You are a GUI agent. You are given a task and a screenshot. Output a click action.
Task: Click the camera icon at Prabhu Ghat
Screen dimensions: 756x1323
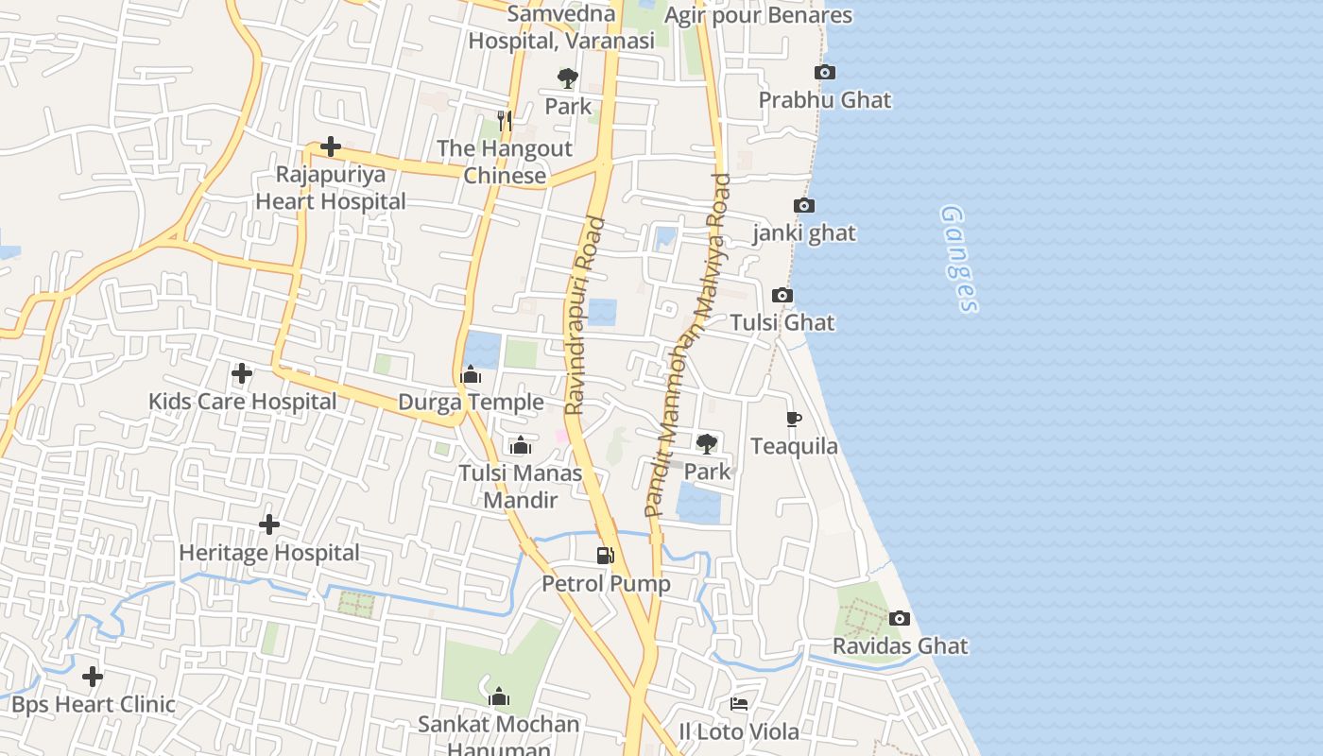click(824, 73)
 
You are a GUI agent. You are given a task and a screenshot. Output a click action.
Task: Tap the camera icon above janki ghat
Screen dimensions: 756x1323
click(803, 206)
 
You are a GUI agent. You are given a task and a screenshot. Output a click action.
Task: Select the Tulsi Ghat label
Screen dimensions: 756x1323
click(782, 322)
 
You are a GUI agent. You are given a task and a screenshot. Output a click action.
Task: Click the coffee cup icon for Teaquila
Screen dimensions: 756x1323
click(794, 419)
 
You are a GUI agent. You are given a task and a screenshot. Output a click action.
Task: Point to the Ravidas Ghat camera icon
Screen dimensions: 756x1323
click(900, 619)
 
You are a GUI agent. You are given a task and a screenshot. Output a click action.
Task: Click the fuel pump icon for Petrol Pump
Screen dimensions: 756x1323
click(606, 556)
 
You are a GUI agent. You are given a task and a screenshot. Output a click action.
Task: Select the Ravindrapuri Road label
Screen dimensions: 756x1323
click(585, 317)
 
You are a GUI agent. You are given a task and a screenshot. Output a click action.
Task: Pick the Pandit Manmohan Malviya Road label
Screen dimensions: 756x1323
click(688, 345)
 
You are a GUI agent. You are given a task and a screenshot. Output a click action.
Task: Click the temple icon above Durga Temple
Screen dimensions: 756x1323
click(471, 375)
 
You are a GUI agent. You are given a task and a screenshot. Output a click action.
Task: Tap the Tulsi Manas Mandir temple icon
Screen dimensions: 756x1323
click(520, 445)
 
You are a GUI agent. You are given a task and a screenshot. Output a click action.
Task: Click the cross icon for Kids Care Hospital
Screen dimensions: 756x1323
click(242, 374)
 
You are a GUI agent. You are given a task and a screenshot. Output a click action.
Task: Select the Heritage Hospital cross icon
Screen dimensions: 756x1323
click(269, 524)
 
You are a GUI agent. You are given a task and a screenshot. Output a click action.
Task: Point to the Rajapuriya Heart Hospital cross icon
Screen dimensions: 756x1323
click(331, 146)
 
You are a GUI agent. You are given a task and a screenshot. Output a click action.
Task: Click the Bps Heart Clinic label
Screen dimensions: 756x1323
click(94, 704)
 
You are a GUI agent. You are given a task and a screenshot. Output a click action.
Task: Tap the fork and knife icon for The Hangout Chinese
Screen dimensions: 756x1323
click(505, 121)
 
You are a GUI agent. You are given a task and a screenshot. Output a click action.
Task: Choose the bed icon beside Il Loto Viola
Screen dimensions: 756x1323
click(739, 704)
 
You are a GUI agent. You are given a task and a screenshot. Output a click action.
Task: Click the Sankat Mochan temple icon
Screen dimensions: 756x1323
click(499, 697)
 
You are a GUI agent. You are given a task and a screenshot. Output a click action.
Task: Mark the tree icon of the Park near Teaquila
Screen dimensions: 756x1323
click(706, 444)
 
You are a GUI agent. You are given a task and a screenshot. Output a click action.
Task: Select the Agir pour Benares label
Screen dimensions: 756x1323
click(758, 15)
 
